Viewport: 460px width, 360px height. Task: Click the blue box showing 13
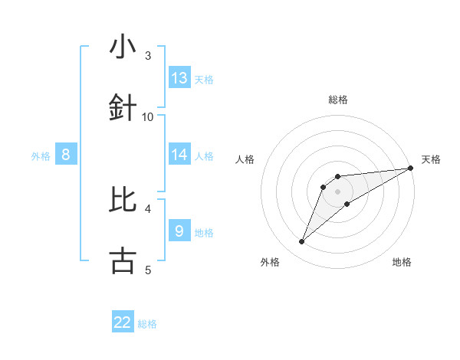coord(179,78)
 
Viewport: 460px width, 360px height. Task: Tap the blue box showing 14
coord(179,155)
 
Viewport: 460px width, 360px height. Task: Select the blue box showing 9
coord(179,231)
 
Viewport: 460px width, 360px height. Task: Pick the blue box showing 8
coord(66,155)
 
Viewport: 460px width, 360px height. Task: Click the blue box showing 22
coord(123,322)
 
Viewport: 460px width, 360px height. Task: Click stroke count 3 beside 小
coord(148,56)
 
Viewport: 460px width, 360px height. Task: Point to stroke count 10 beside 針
coord(148,116)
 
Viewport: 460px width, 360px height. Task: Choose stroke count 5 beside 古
coord(148,269)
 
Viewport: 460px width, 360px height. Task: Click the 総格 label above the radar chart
coord(337,100)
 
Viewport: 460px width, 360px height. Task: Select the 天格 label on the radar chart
coord(431,159)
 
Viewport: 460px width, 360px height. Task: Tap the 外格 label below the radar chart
coord(270,262)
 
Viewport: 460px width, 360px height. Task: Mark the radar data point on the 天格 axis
coord(410,168)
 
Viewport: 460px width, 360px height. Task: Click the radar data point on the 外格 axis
coord(301,242)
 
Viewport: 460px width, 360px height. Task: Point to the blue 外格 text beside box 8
coord(41,155)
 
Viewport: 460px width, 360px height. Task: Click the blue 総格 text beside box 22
coord(147,324)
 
